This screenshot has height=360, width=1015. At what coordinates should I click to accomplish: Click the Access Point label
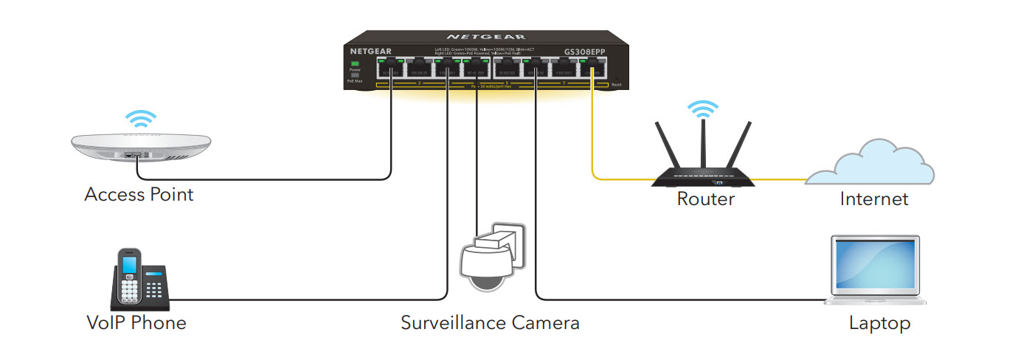[x=139, y=195]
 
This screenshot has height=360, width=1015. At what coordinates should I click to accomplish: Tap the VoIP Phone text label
[x=136, y=323]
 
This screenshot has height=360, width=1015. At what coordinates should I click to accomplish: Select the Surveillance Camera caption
[x=490, y=323]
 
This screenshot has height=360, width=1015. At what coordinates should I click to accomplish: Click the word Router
[x=706, y=198]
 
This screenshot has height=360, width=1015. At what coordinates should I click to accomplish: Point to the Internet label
[x=874, y=198]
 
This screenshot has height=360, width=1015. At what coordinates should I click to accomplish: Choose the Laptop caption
[x=879, y=323]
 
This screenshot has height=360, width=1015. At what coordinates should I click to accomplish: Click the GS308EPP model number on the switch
[x=585, y=51]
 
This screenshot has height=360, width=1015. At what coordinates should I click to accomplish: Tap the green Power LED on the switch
[x=355, y=64]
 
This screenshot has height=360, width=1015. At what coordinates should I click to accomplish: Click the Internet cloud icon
[x=870, y=164]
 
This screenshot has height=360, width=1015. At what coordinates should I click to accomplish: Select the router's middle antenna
[x=703, y=145]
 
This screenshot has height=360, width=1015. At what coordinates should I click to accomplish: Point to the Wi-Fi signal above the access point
[x=139, y=118]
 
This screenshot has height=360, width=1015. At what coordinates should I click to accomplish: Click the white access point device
[x=139, y=148]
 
